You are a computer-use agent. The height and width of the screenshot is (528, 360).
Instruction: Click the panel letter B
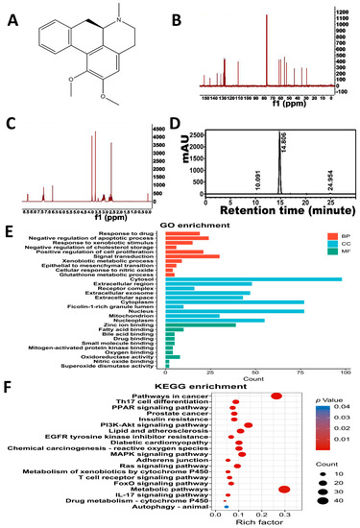[x=191, y=17]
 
